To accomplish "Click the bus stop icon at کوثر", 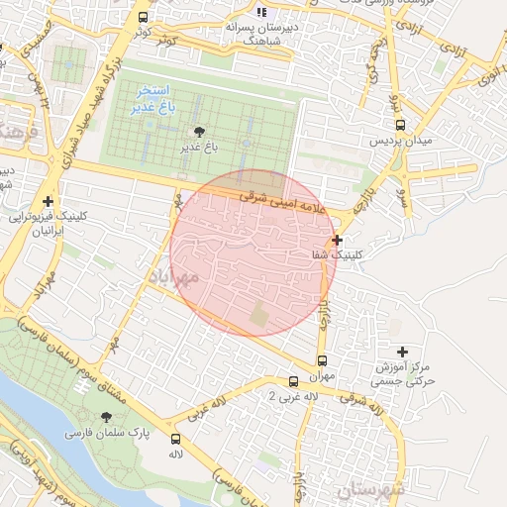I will (x=144, y=18).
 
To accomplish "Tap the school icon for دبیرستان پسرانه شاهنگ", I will (x=261, y=11).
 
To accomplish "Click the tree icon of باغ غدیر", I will (x=200, y=131).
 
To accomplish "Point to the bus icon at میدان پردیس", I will (x=400, y=125).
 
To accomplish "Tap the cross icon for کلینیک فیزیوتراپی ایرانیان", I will (x=47, y=201).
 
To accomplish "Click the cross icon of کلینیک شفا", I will (x=338, y=240).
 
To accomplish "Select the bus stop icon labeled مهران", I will (x=321, y=361).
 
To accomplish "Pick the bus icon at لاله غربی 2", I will (x=293, y=381).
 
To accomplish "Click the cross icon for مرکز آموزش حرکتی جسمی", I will (x=402, y=352).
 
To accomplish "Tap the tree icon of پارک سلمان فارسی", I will (x=107, y=418).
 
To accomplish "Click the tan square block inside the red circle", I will (x=259, y=316).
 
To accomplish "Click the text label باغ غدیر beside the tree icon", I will (x=197, y=148).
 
